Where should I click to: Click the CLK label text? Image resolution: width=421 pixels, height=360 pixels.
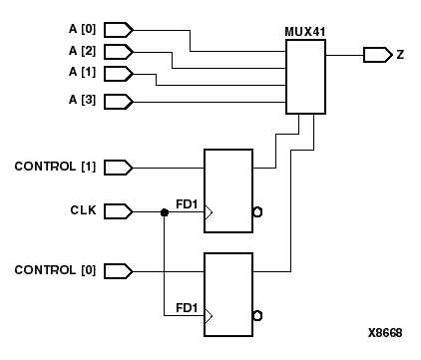[x=82, y=211]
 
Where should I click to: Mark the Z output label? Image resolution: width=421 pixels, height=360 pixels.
[x=400, y=54]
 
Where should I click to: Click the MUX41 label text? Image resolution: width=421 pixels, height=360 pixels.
[x=304, y=45]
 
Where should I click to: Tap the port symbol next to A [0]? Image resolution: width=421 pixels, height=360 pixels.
[x=117, y=28]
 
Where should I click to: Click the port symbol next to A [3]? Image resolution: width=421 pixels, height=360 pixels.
[x=117, y=101]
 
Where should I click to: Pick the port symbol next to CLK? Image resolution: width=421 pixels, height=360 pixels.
[x=117, y=211]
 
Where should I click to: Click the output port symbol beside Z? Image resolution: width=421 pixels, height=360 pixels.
[x=377, y=54]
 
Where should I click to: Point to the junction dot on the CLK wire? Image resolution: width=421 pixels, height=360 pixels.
[x=164, y=211]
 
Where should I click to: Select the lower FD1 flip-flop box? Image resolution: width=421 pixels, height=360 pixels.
[x=228, y=293]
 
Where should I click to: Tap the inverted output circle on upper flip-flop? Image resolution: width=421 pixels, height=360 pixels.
[x=256, y=212]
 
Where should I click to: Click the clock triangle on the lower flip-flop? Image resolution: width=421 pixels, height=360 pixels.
[x=209, y=317]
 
